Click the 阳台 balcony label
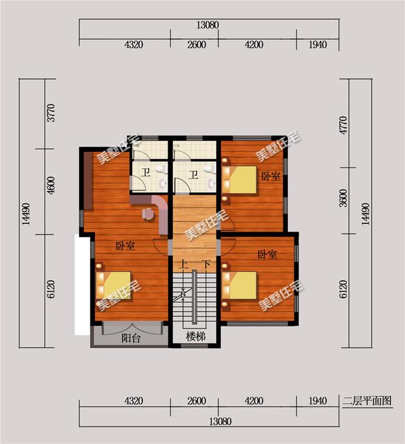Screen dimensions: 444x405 131,338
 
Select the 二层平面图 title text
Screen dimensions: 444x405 367,401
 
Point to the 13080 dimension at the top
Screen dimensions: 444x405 207,26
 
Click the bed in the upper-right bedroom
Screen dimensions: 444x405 241,179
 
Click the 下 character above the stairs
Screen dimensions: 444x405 204,264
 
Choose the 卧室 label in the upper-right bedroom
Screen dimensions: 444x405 271,176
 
